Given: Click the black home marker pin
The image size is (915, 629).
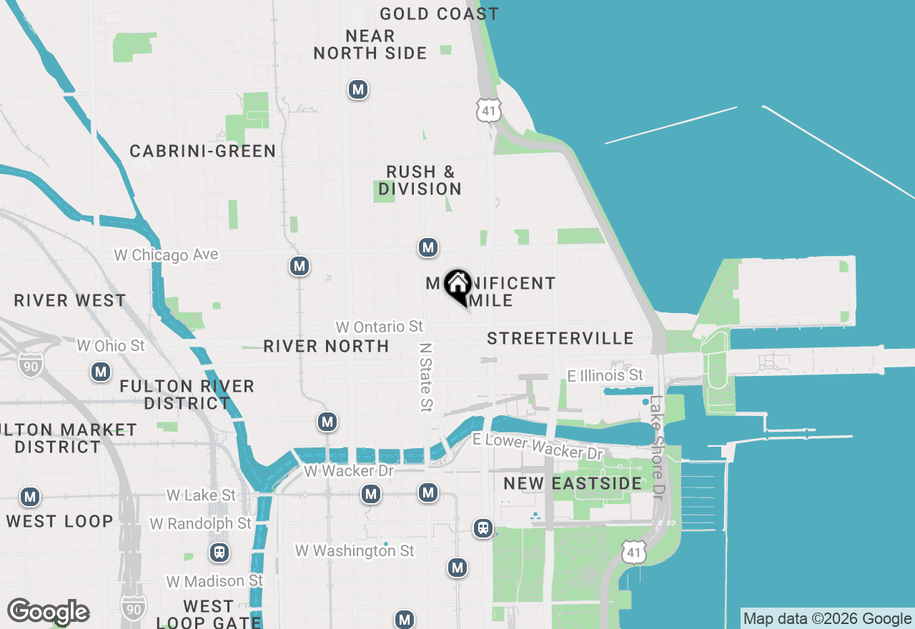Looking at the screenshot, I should tap(457, 287).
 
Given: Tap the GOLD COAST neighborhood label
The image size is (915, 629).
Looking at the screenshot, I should tap(439, 14).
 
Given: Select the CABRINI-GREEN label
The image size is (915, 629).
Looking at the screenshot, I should tap(202, 151).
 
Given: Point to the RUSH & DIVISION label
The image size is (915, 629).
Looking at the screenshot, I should tap(420, 180).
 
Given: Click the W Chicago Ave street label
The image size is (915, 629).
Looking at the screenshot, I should tap(166, 255).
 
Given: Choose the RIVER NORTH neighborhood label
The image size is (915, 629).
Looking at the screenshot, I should tap(326, 346).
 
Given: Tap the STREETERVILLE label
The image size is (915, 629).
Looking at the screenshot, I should tap(560, 338).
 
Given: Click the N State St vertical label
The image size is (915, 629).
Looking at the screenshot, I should tap(426, 377).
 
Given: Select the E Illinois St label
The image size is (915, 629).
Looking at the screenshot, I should tap(605, 375).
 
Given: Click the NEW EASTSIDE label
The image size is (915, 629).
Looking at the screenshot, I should tap(573, 484).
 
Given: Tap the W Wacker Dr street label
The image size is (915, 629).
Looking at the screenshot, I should tap(349, 471).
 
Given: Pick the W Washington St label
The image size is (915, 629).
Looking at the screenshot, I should tap(355, 551).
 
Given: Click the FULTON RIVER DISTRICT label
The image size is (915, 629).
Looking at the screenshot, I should tap(187, 395).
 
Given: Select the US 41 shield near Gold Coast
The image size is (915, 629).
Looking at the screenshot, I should tap(490, 110).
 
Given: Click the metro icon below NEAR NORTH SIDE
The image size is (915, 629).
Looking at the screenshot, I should tap(358, 90).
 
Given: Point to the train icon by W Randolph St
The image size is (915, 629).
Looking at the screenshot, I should tap(219, 553).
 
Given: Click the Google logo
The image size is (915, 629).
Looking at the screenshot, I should tap(48, 612).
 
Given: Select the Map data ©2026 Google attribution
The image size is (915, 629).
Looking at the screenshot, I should tap(827, 619).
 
